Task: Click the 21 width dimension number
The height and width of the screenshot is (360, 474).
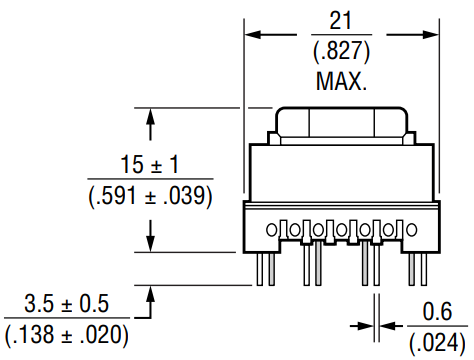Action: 340,21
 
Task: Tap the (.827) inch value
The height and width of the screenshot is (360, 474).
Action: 341,51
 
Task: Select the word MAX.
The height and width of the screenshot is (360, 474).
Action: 341,81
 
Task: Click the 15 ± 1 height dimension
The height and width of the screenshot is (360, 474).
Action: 150,164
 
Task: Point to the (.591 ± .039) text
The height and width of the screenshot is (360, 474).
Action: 150,196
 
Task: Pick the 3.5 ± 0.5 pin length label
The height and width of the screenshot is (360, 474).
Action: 67,303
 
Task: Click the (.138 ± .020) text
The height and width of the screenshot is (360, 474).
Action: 67,335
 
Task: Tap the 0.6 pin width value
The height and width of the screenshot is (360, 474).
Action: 437,312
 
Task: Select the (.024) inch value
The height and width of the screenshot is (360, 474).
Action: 437,343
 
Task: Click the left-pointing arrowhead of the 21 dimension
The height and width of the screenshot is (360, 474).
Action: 253,34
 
